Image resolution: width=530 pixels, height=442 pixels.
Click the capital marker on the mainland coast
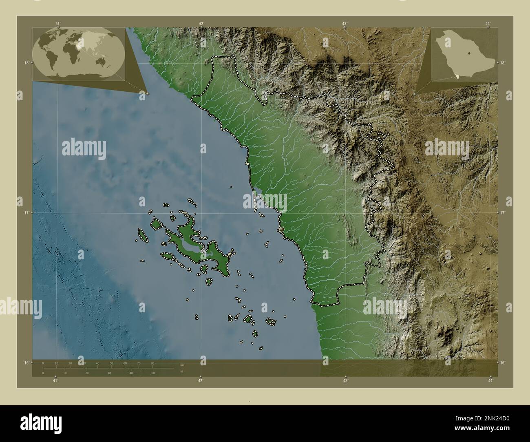coord(282,230)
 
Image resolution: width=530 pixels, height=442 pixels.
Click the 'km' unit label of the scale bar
coord(181,365)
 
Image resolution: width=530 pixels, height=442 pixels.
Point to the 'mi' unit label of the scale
coord(181,371)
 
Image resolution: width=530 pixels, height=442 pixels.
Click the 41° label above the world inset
coord(58,24)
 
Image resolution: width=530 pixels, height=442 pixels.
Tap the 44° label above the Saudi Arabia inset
coord(488,24)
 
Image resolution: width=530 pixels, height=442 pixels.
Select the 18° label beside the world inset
coord(26,63)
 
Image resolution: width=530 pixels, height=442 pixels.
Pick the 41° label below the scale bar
coord(55,380)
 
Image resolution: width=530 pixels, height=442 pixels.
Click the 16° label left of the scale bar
coord(26,362)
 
